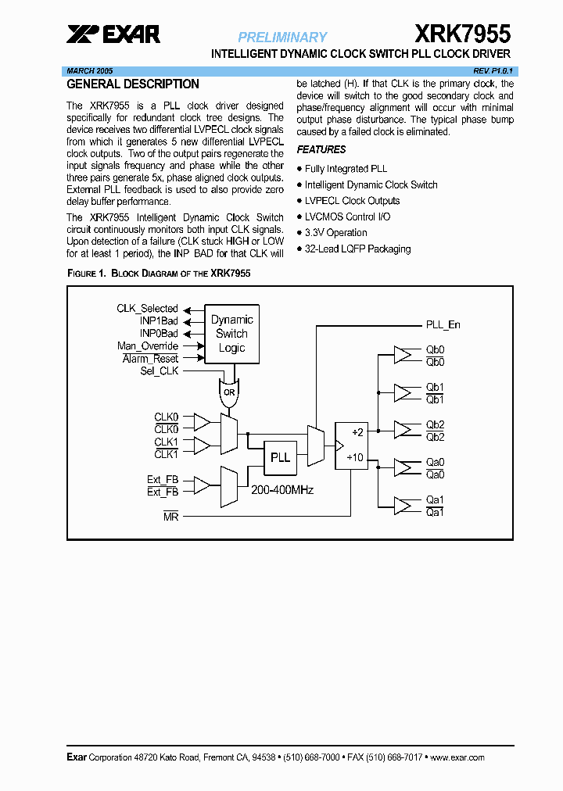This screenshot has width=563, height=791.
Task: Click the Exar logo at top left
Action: [113, 34]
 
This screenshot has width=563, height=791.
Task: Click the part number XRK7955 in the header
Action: [461, 34]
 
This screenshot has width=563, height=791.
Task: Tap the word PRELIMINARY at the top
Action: [282, 37]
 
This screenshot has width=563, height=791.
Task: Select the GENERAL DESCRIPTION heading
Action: [133, 84]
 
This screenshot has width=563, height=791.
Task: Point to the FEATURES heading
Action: [321, 149]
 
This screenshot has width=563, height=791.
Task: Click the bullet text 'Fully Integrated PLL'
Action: [346, 169]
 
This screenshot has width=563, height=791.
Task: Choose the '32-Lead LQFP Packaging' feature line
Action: [357, 249]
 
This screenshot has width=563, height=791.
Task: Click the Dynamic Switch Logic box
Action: [231, 334]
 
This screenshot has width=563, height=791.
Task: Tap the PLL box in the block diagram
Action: [279, 457]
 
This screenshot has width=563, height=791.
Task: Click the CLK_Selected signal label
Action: [148, 309]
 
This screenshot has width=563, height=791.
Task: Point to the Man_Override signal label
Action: [148, 346]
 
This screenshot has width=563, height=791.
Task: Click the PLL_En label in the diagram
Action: [443, 324]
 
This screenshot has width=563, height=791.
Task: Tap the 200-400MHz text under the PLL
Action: [281, 490]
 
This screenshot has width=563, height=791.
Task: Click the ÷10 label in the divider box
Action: [357, 457]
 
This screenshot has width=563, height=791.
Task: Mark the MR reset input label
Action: [170, 517]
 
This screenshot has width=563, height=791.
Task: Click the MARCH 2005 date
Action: [89, 70]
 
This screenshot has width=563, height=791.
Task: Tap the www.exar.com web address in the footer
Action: [457, 757]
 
